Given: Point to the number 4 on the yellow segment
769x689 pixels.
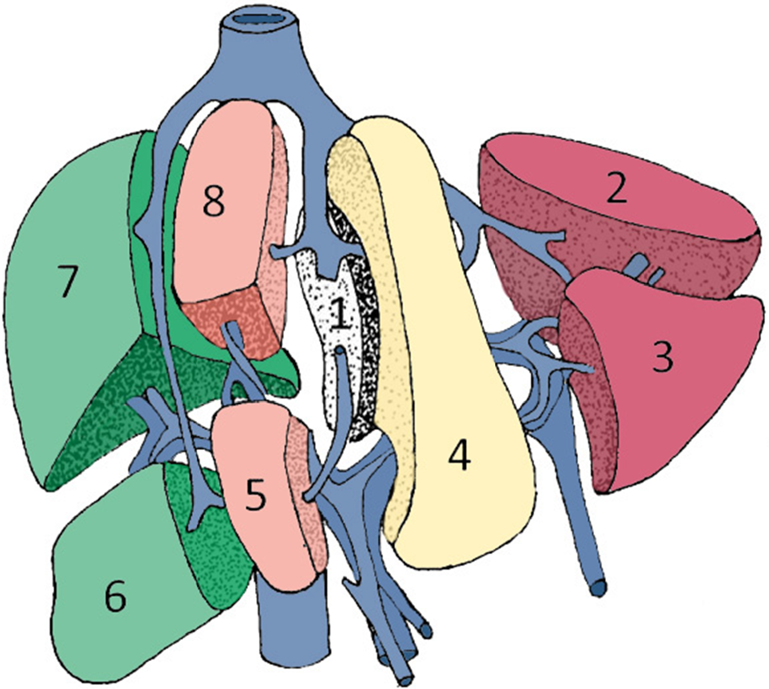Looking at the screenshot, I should [460, 457].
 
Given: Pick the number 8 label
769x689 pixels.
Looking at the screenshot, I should [213, 201].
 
